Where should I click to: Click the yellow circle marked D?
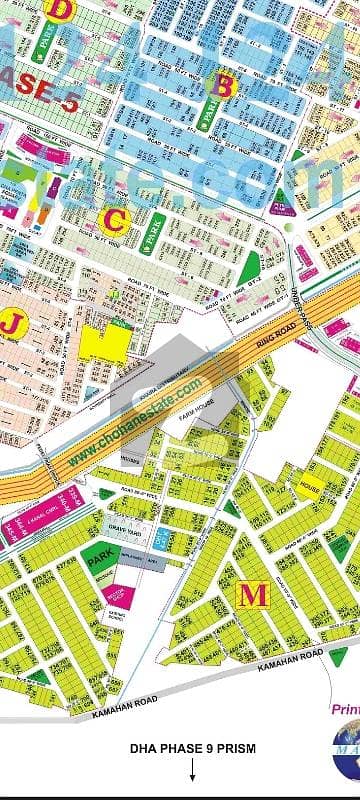coord(63,11)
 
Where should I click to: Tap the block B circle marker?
coord(224,87)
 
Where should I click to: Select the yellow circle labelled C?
coord(117,217)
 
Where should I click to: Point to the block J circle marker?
coord(12,322)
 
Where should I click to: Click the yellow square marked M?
coord(255,595)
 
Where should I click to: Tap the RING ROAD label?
coord(267,333)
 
